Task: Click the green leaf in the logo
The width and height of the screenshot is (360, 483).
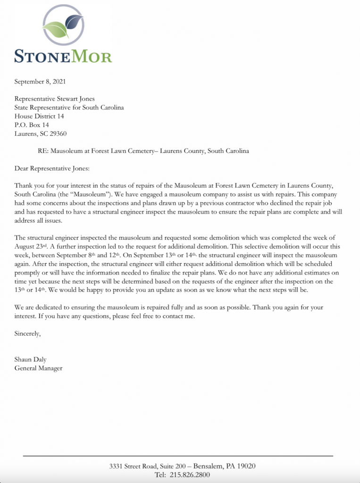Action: [56, 29]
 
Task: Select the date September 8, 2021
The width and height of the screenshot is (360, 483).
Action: [40, 82]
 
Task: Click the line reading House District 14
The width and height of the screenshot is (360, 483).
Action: [39, 116]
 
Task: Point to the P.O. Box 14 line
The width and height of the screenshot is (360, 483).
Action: [32, 125]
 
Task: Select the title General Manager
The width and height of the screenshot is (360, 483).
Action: [38, 368]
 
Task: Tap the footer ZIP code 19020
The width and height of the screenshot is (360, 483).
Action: [246, 466]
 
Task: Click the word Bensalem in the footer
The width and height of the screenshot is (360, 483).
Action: [211, 466]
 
